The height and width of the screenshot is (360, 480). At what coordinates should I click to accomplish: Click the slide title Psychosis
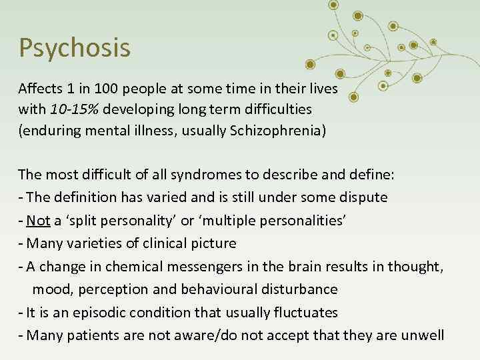[74, 48]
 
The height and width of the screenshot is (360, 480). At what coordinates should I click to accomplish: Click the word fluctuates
[306, 312]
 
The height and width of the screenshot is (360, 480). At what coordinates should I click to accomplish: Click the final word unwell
[423, 335]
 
